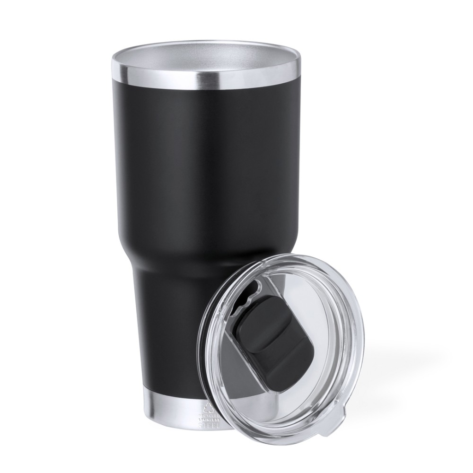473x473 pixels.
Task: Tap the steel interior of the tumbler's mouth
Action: (206, 56)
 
